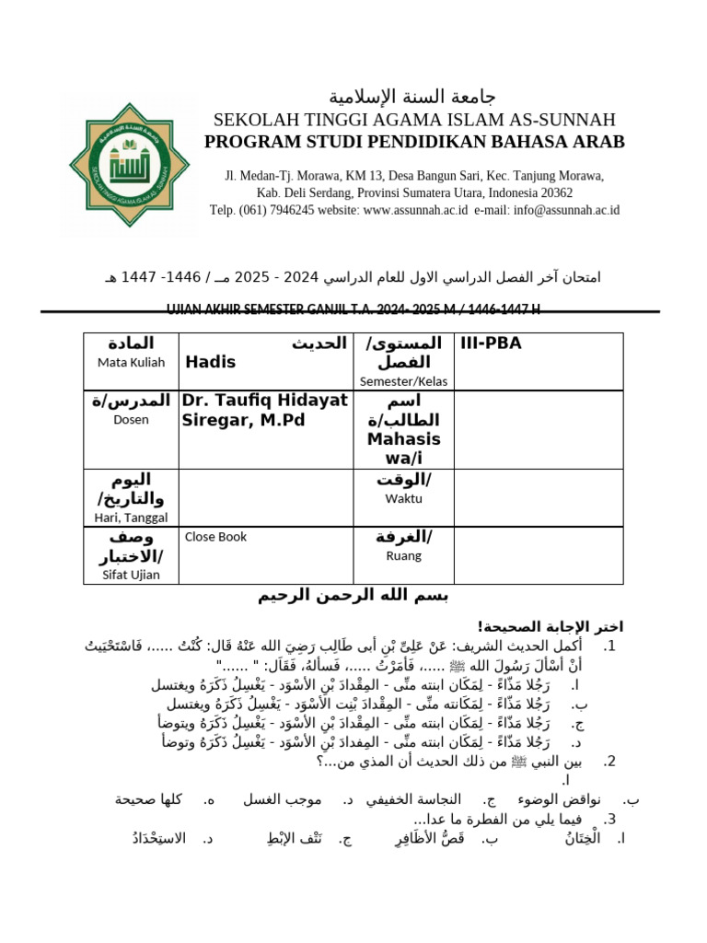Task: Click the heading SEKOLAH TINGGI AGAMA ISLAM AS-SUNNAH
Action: click(x=414, y=120)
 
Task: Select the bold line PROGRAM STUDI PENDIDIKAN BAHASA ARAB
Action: click(x=414, y=142)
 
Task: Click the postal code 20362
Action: click(x=553, y=192)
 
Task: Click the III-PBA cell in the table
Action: click(x=491, y=343)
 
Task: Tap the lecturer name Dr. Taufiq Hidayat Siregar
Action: click(x=264, y=411)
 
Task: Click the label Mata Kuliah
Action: click(x=131, y=362)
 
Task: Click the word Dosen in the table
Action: click(x=131, y=419)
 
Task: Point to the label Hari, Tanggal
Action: click(x=131, y=518)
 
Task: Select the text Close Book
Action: click(x=216, y=537)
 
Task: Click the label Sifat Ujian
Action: click(x=131, y=575)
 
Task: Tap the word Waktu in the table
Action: click(x=403, y=498)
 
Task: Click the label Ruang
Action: click(x=403, y=555)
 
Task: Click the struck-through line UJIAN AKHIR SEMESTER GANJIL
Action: click(x=353, y=307)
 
